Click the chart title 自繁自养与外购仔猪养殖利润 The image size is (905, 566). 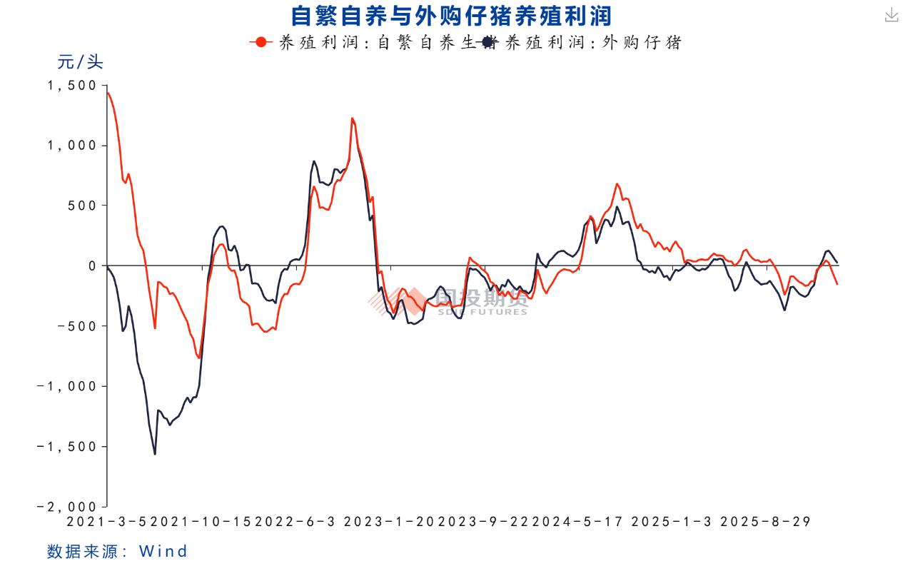click(451, 15)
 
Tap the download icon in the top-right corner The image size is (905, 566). click(891, 16)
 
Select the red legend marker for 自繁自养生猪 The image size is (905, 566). click(261, 42)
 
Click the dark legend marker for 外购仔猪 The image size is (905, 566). click(488, 42)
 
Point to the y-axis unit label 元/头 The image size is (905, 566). click(80, 62)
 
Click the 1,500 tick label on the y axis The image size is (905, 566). click(71, 85)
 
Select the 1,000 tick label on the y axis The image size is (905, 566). click(71, 146)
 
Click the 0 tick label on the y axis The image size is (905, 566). click(91, 266)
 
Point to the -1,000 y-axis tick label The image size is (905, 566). click(67, 386)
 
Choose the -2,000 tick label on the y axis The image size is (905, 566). click(67, 506)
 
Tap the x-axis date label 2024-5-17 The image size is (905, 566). click(583, 522)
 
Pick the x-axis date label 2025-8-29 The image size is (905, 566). click(765, 522)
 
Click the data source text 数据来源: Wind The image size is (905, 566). click(117, 551)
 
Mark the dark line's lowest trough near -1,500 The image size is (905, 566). click(155, 454)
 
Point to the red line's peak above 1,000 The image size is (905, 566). click(352, 118)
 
